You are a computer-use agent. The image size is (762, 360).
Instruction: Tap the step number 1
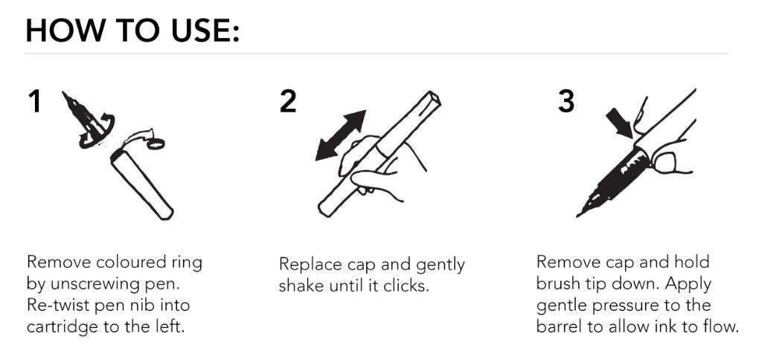click(34, 102)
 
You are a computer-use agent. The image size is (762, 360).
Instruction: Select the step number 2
click(287, 102)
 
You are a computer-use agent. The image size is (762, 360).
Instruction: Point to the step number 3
click(566, 102)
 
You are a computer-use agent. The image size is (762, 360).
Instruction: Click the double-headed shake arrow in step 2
click(341, 135)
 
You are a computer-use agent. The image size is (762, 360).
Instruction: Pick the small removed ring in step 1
click(155, 142)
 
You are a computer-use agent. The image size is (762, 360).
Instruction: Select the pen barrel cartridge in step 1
click(142, 183)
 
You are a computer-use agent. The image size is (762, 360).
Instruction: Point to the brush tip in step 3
click(588, 207)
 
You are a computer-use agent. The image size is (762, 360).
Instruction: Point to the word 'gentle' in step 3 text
click(560, 306)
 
